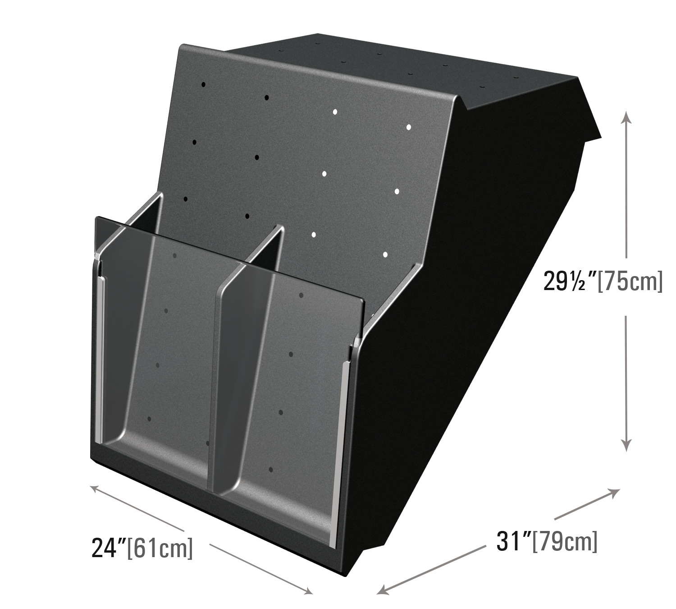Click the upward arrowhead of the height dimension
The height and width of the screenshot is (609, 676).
(626, 116)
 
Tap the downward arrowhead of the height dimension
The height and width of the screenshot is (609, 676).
(626, 445)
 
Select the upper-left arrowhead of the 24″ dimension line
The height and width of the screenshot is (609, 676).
(96, 489)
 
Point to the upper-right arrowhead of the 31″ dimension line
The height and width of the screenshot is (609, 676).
(614, 502)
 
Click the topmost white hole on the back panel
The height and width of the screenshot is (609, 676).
(335, 112)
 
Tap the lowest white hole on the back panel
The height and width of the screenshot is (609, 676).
(385, 254)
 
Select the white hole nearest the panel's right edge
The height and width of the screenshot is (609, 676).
(408, 127)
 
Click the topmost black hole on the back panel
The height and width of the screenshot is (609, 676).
(203, 84)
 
